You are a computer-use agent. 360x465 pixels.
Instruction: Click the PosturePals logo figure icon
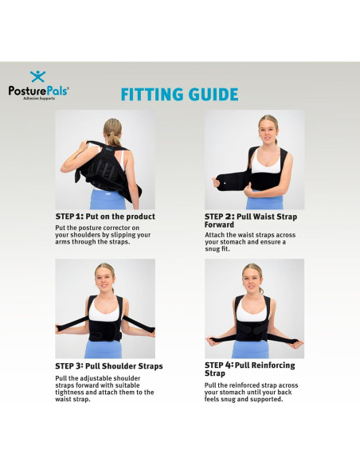37,76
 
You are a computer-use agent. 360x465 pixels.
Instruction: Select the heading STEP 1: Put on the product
105,217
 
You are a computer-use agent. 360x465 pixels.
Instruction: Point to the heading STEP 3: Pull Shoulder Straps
109,366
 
